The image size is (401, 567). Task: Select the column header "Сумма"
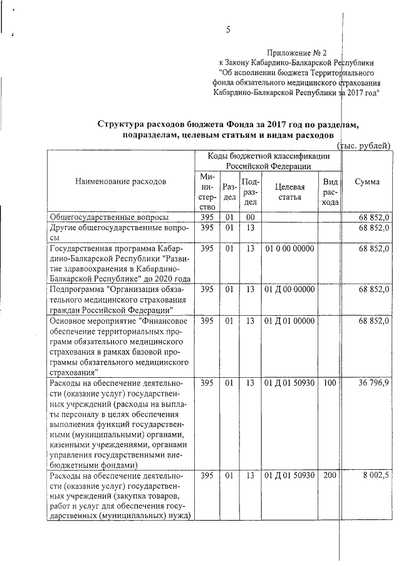click(x=367, y=182)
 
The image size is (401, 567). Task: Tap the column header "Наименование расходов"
click(x=121, y=182)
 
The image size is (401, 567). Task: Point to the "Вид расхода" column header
click(x=330, y=191)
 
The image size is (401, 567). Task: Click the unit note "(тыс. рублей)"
click(x=364, y=145)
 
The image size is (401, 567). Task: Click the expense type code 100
click(x=330, y=383)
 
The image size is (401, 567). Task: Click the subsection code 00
click(x=251, y=217)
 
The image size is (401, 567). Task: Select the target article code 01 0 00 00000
click(x=289, y=249)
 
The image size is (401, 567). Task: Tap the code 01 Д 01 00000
click(x=289, y=321)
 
